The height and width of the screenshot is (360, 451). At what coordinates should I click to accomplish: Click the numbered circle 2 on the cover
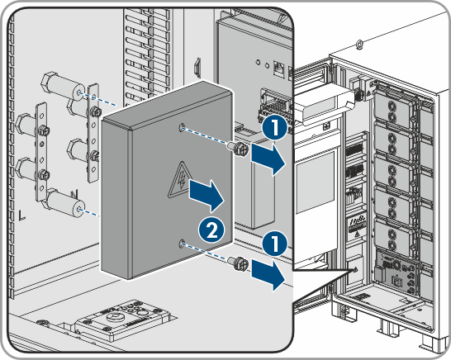click(211, 230)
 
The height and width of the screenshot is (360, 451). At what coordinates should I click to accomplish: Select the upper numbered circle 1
click(275, 127)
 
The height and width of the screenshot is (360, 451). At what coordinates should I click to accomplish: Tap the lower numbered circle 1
click(275, 244)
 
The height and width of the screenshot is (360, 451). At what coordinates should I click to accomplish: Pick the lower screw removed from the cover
click(238, 263)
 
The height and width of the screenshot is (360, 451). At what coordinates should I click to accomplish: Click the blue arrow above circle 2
click(207, 196)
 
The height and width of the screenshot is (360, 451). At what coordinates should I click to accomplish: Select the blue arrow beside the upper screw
click(268, 159)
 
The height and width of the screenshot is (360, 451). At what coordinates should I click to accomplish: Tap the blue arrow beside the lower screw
click(268, 275)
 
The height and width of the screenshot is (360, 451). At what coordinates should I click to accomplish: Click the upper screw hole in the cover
click(182, 128)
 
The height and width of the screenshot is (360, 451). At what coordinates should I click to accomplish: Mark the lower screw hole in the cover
click(182, 244)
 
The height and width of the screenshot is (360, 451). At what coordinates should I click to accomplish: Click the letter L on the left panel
click(21, 216)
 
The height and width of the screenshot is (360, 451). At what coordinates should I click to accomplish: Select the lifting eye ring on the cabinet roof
click(359, 44)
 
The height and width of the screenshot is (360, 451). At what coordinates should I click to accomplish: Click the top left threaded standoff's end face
click(78, 92)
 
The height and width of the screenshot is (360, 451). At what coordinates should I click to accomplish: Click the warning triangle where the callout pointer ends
click(355, 270)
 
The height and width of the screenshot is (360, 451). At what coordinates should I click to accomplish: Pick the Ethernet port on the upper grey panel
click(278, 69)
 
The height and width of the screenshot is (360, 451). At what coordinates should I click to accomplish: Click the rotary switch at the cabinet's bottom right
click(397, 264)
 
